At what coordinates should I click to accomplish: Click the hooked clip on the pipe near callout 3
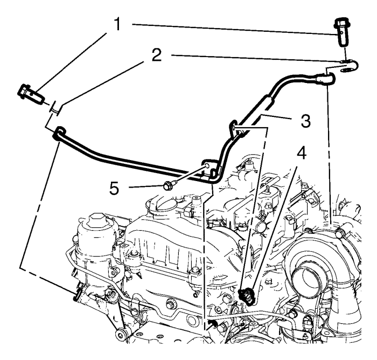(x=235, y=127)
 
